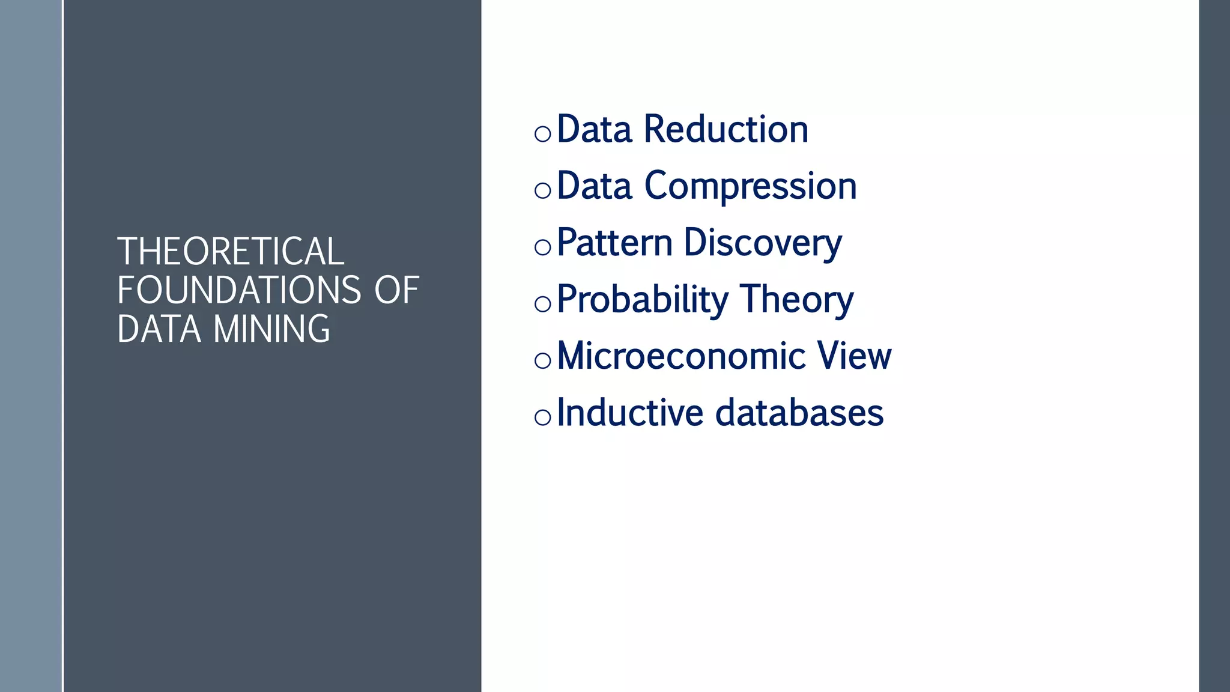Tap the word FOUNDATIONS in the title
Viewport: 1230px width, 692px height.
[x=239, y=290]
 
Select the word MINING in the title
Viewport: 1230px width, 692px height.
[x=271, y=329]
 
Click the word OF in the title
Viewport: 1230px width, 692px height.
[x=396, y=290]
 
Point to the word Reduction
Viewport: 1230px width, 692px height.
[x=726, y=129]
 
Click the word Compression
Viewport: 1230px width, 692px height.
[x=750, y=186]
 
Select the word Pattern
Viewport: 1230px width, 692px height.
[x=614, y=243]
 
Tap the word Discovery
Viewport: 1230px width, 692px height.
[x=763, y=244]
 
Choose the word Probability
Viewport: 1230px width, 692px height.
[x=642, y=300]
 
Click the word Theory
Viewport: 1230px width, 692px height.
[x=796, y=300]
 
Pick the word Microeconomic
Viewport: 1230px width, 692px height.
[x=681, y=356]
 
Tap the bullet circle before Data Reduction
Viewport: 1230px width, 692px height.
[x=542, y=134]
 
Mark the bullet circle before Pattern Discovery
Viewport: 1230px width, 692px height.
[x=542, y=247]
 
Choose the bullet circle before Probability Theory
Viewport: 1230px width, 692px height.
[x=542, y=304]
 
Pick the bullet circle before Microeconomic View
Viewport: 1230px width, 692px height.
[x=542, y=360]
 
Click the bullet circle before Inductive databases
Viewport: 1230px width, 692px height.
[x=542, y=417]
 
